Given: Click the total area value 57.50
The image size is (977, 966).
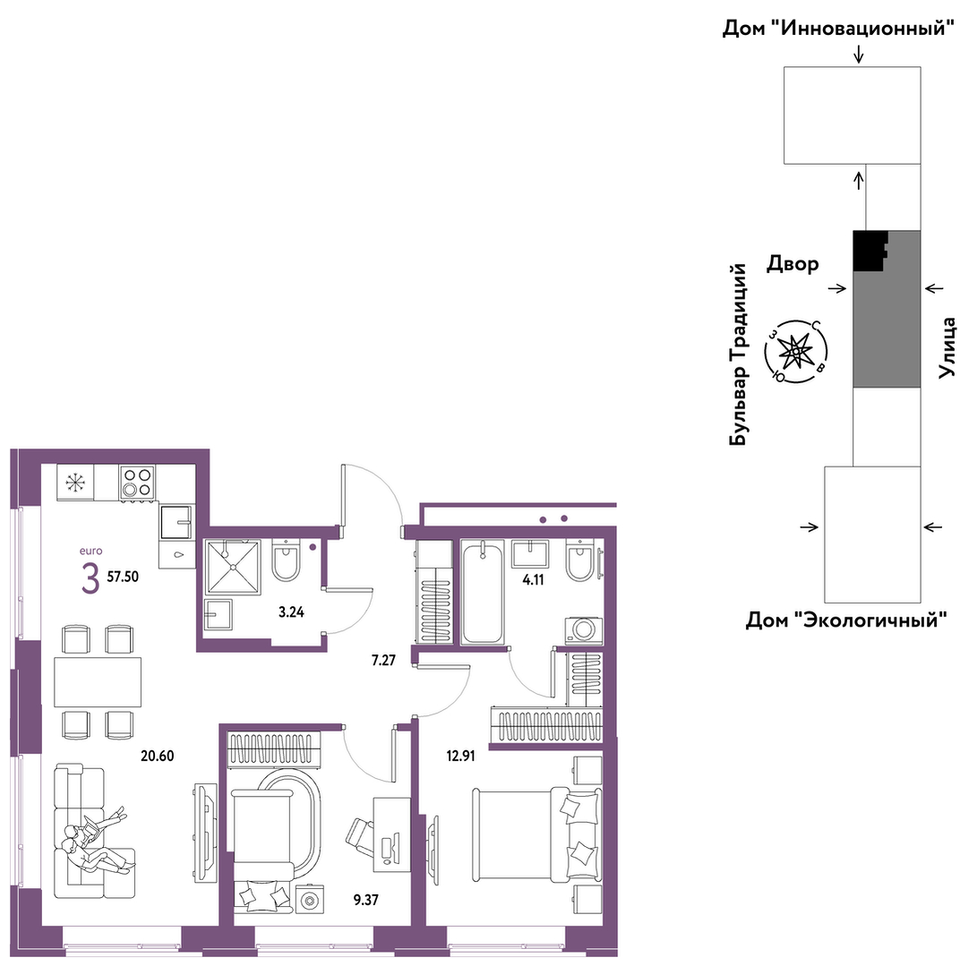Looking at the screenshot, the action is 123,577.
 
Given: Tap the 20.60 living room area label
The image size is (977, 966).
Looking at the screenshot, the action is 157,757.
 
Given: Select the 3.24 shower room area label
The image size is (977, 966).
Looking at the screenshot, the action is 291,612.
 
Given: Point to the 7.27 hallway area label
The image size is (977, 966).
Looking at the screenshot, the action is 383,660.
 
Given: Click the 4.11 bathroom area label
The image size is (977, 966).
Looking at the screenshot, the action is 534,580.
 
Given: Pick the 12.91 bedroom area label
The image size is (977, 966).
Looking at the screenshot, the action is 460,757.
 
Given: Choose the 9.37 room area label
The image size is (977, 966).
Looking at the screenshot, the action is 365,900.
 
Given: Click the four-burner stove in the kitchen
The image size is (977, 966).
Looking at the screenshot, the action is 137,482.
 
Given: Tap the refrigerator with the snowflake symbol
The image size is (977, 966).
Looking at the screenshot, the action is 74,482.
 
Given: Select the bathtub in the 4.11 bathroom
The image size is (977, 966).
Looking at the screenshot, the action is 483,592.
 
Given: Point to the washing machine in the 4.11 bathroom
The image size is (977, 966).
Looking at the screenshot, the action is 584,630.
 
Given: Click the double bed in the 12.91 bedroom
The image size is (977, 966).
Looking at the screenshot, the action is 537,834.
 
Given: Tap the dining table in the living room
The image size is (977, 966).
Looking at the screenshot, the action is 98,682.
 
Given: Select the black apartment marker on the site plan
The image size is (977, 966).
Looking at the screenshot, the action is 870,251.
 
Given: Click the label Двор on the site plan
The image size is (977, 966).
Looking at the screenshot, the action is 793,264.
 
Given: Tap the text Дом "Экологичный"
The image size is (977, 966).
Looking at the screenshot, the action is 846,620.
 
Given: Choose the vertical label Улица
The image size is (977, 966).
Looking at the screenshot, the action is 947,347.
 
